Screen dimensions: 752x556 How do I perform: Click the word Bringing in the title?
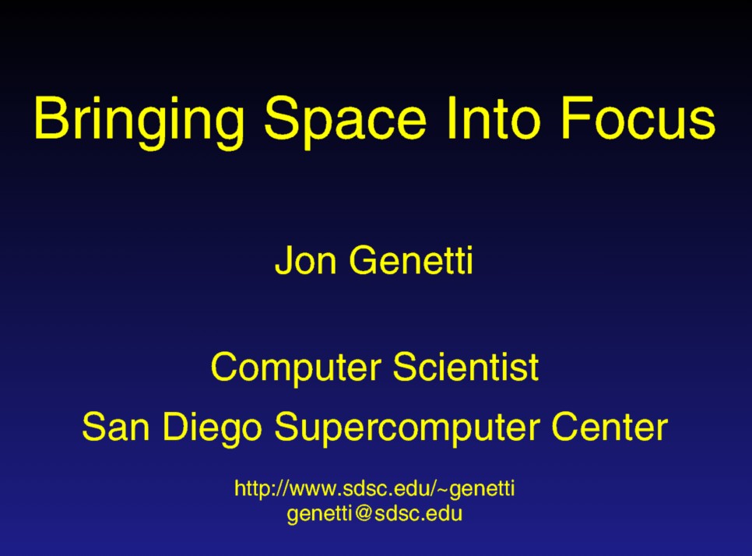[139, 121]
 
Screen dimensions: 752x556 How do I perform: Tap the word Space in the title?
[346, 121]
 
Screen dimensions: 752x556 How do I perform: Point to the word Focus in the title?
[638, 118]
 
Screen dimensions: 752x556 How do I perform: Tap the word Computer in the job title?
[296, 368]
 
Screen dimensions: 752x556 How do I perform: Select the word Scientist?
[466, 367]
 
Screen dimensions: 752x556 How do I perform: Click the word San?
[115, 427]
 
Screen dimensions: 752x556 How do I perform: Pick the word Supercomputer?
[406, 428]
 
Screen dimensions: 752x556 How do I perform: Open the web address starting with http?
[374, 489]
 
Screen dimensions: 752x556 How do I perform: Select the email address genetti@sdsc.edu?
[374, 514]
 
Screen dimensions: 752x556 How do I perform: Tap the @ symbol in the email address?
[364, 513]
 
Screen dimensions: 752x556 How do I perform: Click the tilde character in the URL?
[443, 489]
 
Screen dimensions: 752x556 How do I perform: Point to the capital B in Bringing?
[49, 118]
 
